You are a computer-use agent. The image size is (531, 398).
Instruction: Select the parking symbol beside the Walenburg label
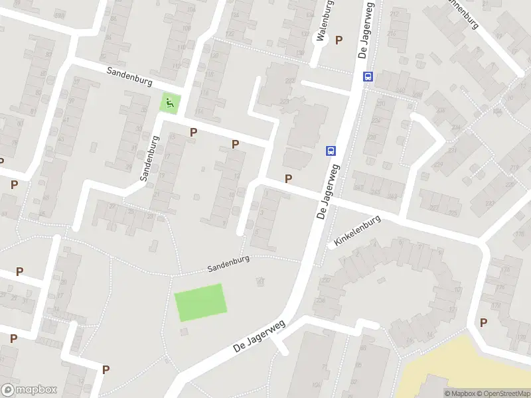tap(339, 40)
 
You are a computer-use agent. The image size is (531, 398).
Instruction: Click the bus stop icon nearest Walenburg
tap(368, 76)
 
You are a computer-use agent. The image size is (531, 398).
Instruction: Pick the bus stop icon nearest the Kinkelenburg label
tap(331, 151)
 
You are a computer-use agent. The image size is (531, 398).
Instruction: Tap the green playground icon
tap(170, 103)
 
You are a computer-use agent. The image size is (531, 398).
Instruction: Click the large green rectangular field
tap(200, 302)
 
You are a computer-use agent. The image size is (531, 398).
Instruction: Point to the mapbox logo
tap(29, 390)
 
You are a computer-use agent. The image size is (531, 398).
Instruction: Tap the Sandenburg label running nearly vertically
tap(151, 159)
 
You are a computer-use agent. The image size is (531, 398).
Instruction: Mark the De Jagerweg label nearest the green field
tap(259, 336)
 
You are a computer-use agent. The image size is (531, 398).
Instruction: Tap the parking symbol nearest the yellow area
tap(483, 322)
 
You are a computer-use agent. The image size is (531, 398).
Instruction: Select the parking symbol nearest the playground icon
tap(194, 132)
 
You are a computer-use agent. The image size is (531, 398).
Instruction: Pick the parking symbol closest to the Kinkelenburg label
tap(289, 178)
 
